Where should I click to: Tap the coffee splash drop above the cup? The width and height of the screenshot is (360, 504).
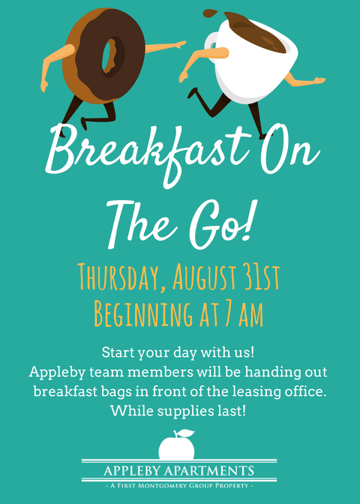point(210,13)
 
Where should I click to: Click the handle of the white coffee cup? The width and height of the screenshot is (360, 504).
point(211,45)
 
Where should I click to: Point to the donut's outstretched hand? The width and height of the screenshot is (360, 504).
point(180,44)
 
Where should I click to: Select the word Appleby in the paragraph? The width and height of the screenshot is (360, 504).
point(57,373)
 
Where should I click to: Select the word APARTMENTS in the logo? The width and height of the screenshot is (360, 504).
point(209,471)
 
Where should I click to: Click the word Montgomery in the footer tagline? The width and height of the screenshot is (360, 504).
point(157,486)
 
